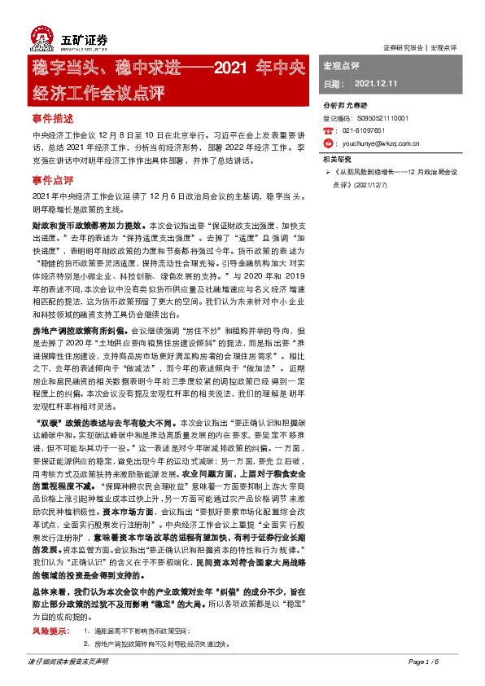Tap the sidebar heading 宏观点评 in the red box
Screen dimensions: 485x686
coord(341,64)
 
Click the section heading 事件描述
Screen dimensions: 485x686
coord(53,118)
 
